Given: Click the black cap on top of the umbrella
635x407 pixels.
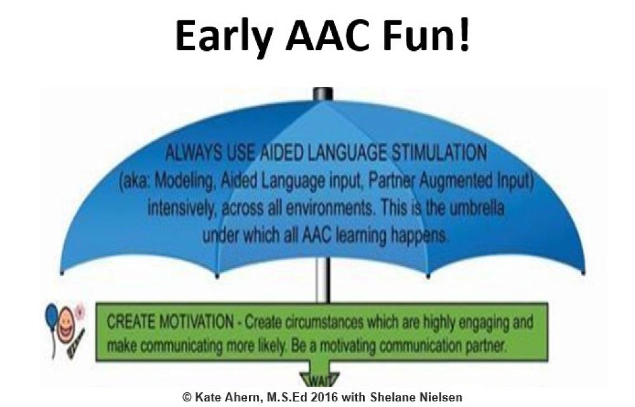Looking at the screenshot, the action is coord(323,94).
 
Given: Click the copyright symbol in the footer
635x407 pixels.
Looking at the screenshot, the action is coord(187,396).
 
